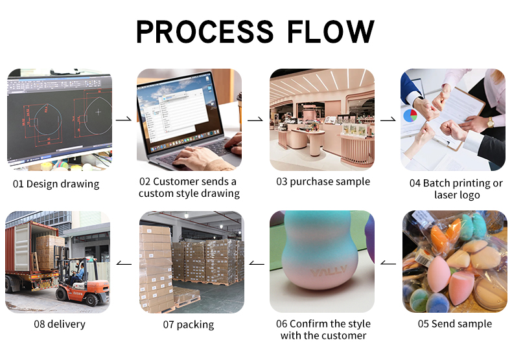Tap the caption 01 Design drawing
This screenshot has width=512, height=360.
pyautogui.click(x=56, y=184)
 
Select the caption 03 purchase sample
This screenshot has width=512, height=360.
pyautogui.click(x=323, y=181)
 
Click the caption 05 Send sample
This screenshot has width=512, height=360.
pyautogui.click(x=454, y=324)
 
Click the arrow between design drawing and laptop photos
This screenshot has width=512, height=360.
pyautogui.click(x=123, y=120)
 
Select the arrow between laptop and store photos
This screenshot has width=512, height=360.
pyautogui.click(x=255, y=120)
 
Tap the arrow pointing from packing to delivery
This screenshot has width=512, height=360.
pyautogui.click(x=123, y=263)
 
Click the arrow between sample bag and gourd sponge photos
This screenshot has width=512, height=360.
pyautogui.click(x=388, y=263)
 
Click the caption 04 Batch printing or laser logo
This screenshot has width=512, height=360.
pyautogui.click(x=456, y=188)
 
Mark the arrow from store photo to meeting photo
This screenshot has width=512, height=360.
pyautogui.click(x=388, y=120)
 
